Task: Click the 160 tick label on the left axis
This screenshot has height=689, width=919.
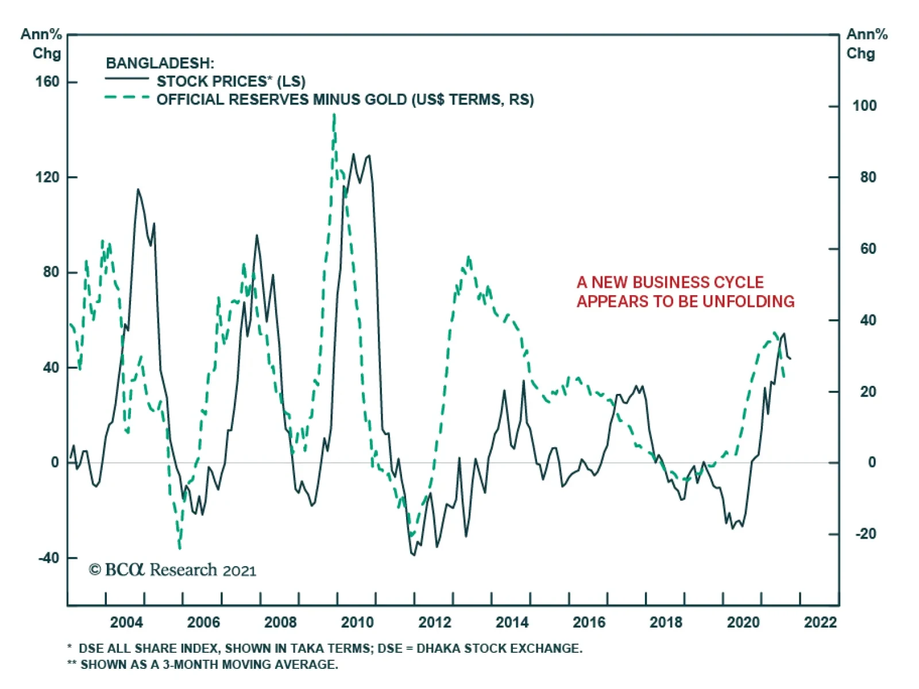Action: (47, 82)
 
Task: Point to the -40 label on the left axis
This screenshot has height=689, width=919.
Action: (48, 558)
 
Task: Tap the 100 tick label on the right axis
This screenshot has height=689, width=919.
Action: (864, 106)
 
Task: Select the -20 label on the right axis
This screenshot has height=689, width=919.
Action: (866, 533)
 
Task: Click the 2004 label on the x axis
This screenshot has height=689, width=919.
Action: (126, 622)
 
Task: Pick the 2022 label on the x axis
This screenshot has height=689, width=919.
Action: (820, 622)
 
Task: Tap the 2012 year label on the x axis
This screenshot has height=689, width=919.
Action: (435, 622)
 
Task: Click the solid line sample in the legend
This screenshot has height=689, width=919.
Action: (127, 78)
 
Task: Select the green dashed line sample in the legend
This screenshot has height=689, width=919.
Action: (127, 97)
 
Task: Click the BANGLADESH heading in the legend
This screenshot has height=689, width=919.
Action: (160, 63)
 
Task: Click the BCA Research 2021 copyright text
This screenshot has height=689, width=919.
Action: (172, 570)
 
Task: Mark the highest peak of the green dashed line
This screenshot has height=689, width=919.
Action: (334, 116)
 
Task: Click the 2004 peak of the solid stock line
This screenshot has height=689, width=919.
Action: (138, 189)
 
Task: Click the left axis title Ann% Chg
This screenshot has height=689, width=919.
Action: (42, 44)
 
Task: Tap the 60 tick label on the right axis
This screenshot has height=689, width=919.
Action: (868, 249)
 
